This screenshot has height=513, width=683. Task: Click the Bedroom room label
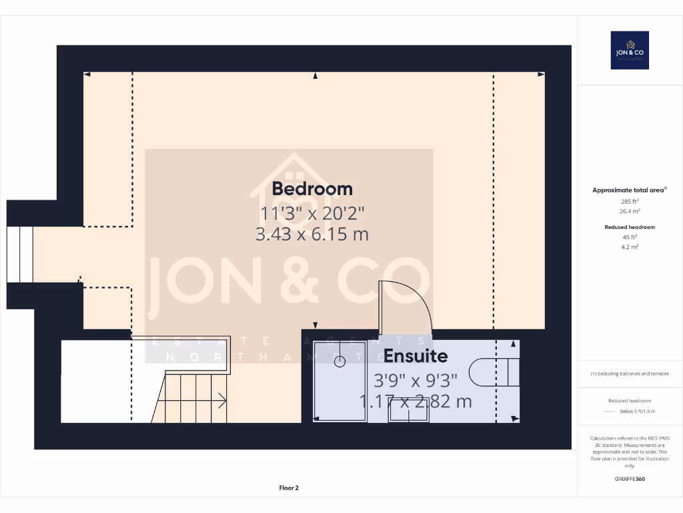312,188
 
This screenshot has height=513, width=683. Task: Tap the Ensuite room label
415,356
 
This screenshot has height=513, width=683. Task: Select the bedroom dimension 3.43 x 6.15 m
312,234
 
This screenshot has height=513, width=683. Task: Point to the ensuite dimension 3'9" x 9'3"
415,380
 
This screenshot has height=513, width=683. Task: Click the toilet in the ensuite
494,372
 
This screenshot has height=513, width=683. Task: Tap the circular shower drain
339,361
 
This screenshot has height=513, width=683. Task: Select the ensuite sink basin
409,413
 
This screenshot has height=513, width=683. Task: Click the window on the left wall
20,254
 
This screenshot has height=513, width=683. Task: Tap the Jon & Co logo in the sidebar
630,50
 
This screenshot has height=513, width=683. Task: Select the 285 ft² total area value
630,201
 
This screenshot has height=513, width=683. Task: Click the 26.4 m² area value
630,210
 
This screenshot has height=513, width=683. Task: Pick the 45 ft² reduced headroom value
630,236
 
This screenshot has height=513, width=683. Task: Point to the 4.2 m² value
630,246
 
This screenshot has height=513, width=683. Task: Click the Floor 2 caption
289,488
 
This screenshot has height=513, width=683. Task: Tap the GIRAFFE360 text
630,479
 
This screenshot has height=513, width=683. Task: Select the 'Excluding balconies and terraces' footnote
630,373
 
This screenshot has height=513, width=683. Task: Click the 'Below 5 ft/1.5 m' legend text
638,411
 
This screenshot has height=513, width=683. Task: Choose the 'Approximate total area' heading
628,190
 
